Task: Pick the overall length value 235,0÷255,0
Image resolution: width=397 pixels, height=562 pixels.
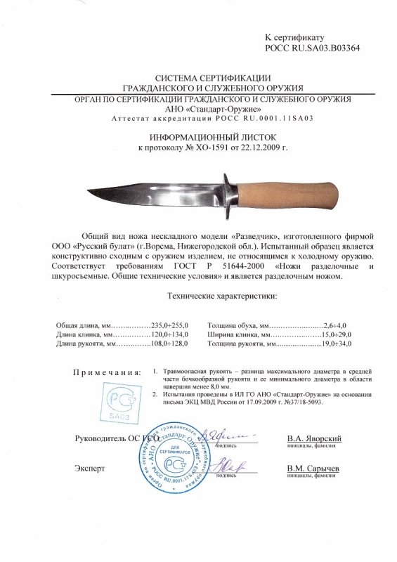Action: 171,325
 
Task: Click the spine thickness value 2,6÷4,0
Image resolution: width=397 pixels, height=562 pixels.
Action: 337,325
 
